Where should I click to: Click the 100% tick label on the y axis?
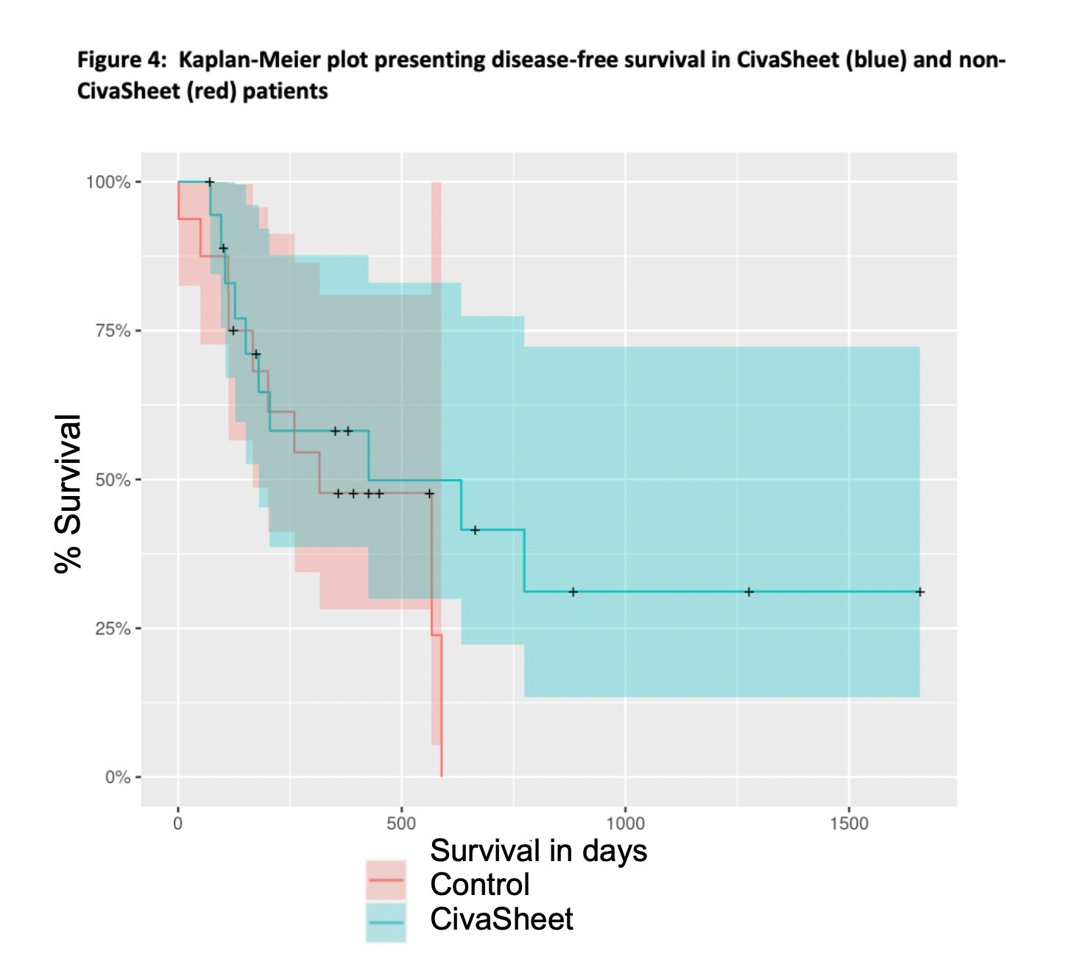pyautogui.click(x=108, y=182)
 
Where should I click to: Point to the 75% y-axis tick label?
pyautogui.click(x=113, y=330)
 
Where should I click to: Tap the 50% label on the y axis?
pyautogui.click(x=113, y=480)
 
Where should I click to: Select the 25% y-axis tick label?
pyautogui.click(x=113, y=629)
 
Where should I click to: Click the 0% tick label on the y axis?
pyautogui.click(x=117, y=777)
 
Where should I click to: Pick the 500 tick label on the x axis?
pyautogui.click(x=401, y=824)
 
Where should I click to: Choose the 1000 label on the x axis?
pyautogui.click(x=625, y=824)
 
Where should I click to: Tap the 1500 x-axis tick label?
pyautogui.click(x=849, y=824)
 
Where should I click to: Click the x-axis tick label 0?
pyautogui.click(x=177, y=824)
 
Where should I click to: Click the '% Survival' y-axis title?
pyautogui.click(x=68, y=493)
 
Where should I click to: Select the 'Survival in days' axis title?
pyautogui.click(x=538, y=851)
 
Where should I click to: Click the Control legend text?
pyautogui.click(x=479, y=885)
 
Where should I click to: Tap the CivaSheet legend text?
pyautogui.click(x=501, y=919)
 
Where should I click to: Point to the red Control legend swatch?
pyautogui.click(x=386, y=880)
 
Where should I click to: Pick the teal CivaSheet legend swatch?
pyautogui.click(x=386, y=922)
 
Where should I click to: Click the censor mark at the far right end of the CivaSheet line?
pyautogui.click(x=919, y=592)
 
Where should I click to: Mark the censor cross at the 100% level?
pyautogui.click(x=209, y=182)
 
